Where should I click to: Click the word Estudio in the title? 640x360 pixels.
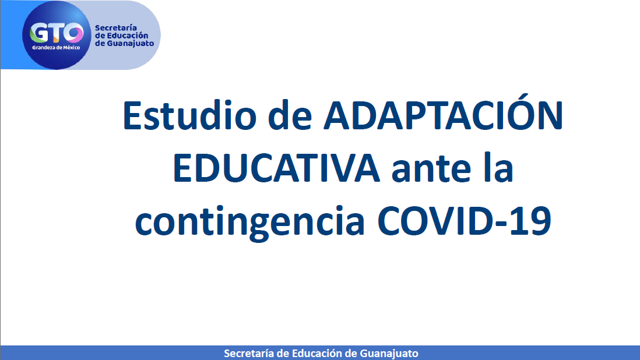point(190,116)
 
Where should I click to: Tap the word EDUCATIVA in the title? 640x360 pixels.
point(276,168)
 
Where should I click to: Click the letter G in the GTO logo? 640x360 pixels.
point(40,32)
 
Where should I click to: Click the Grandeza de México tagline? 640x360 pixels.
point(56,48)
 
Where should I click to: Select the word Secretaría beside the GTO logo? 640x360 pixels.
point(116,28)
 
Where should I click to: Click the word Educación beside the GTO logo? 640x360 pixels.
point(127,36)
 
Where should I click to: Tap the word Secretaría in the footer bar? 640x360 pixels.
point(248,353)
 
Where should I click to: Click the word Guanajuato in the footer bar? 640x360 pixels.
point(389,354)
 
